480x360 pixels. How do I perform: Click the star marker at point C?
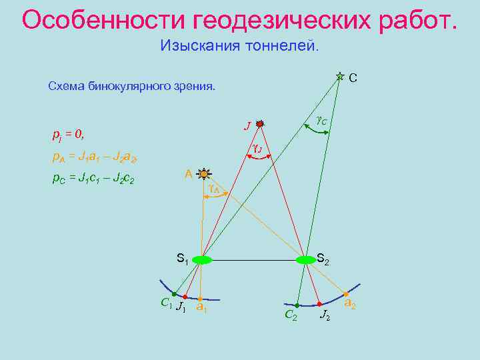click(x=340, y=77)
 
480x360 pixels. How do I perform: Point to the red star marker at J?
click(x=260, y=123)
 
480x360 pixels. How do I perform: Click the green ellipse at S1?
click(x=201, y=259)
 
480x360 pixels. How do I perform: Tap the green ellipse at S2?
click(x=305, y=259)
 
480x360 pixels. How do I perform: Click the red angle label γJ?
click(x=257, y=148)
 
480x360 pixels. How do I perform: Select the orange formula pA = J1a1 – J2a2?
click(x=93, y=157)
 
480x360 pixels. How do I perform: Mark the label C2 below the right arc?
click(x=291, y=315)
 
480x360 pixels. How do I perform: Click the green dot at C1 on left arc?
click(x=173, y=294)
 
